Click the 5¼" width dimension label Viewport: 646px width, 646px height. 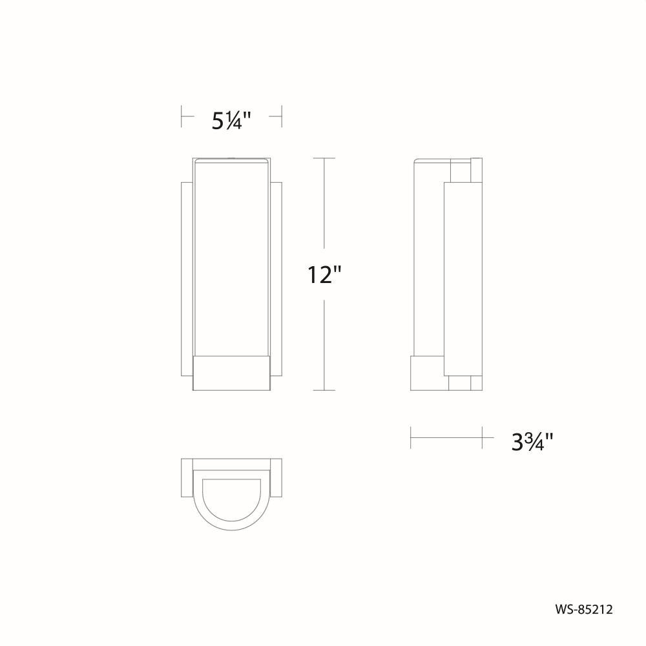(x=231, y=121)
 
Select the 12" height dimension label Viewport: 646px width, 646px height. (x=325, y=275)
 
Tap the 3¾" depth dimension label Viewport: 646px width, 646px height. (x=532, y=442)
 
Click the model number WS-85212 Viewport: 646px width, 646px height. (x=584, y=609)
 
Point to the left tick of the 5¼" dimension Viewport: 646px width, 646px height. (x=182, y=116)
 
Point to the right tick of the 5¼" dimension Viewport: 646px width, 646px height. (x=282, y=116)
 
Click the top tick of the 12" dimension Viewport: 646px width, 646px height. (x=324, y=158)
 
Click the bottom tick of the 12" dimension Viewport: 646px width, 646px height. (x=324, y=390)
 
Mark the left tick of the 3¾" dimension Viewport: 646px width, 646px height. (x=411, y=437)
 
